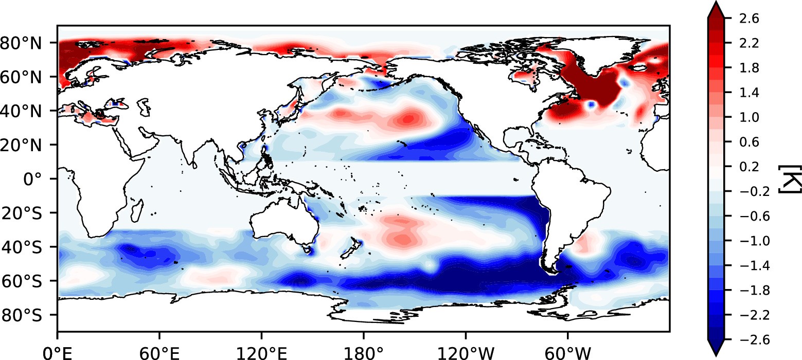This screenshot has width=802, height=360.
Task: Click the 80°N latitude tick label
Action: coord(26,42)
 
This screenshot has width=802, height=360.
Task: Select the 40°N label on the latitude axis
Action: coord(26,111)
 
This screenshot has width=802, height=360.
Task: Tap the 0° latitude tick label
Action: coord(39,179)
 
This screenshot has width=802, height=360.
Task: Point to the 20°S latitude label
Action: coord(27,213)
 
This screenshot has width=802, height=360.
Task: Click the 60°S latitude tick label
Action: coord(27,281)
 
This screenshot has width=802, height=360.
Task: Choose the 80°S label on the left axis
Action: coord(27,315)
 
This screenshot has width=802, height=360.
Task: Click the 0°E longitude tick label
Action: coord(57,354)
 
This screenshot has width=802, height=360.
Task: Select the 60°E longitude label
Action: coord(159,354)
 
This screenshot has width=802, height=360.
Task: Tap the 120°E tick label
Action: coord(261,354)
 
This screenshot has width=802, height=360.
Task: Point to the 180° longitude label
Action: coord(363,354)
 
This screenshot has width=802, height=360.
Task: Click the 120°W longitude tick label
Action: coord(466,354)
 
